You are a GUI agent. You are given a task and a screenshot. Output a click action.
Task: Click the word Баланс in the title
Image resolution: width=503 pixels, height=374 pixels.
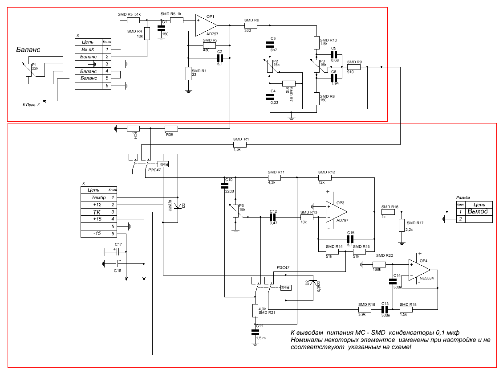coord(28,49)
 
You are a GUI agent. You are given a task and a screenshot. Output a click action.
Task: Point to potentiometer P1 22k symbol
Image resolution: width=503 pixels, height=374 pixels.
coord(29,70)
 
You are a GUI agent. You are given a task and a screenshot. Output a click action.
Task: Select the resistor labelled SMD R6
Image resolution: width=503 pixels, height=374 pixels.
coord(251,25)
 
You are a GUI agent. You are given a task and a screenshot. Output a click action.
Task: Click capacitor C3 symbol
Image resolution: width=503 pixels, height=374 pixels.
coord(270,44)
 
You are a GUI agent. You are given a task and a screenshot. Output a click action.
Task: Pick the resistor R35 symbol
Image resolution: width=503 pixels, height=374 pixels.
coord(171,128)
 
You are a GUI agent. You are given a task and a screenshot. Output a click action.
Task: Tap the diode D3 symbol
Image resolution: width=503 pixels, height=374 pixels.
coord(177,206)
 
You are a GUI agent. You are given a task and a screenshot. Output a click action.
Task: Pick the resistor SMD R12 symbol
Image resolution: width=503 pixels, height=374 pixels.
coord(325,177)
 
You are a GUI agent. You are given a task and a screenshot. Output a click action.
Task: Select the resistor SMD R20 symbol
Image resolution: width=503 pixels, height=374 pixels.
coord(379,264)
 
